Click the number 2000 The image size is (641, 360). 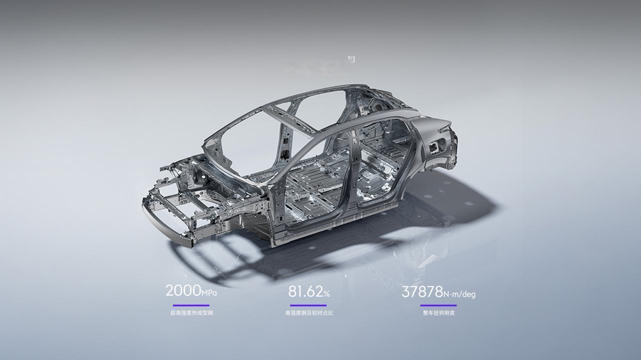183,290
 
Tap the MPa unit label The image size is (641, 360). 209,293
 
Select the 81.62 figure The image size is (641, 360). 305,291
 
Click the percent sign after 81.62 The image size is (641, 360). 327,293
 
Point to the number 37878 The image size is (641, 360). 422,292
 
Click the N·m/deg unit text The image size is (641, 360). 460,294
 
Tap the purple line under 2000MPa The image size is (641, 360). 191,305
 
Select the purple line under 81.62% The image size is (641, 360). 308,305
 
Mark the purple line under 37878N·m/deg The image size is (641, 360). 438,305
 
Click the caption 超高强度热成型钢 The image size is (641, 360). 192,313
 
